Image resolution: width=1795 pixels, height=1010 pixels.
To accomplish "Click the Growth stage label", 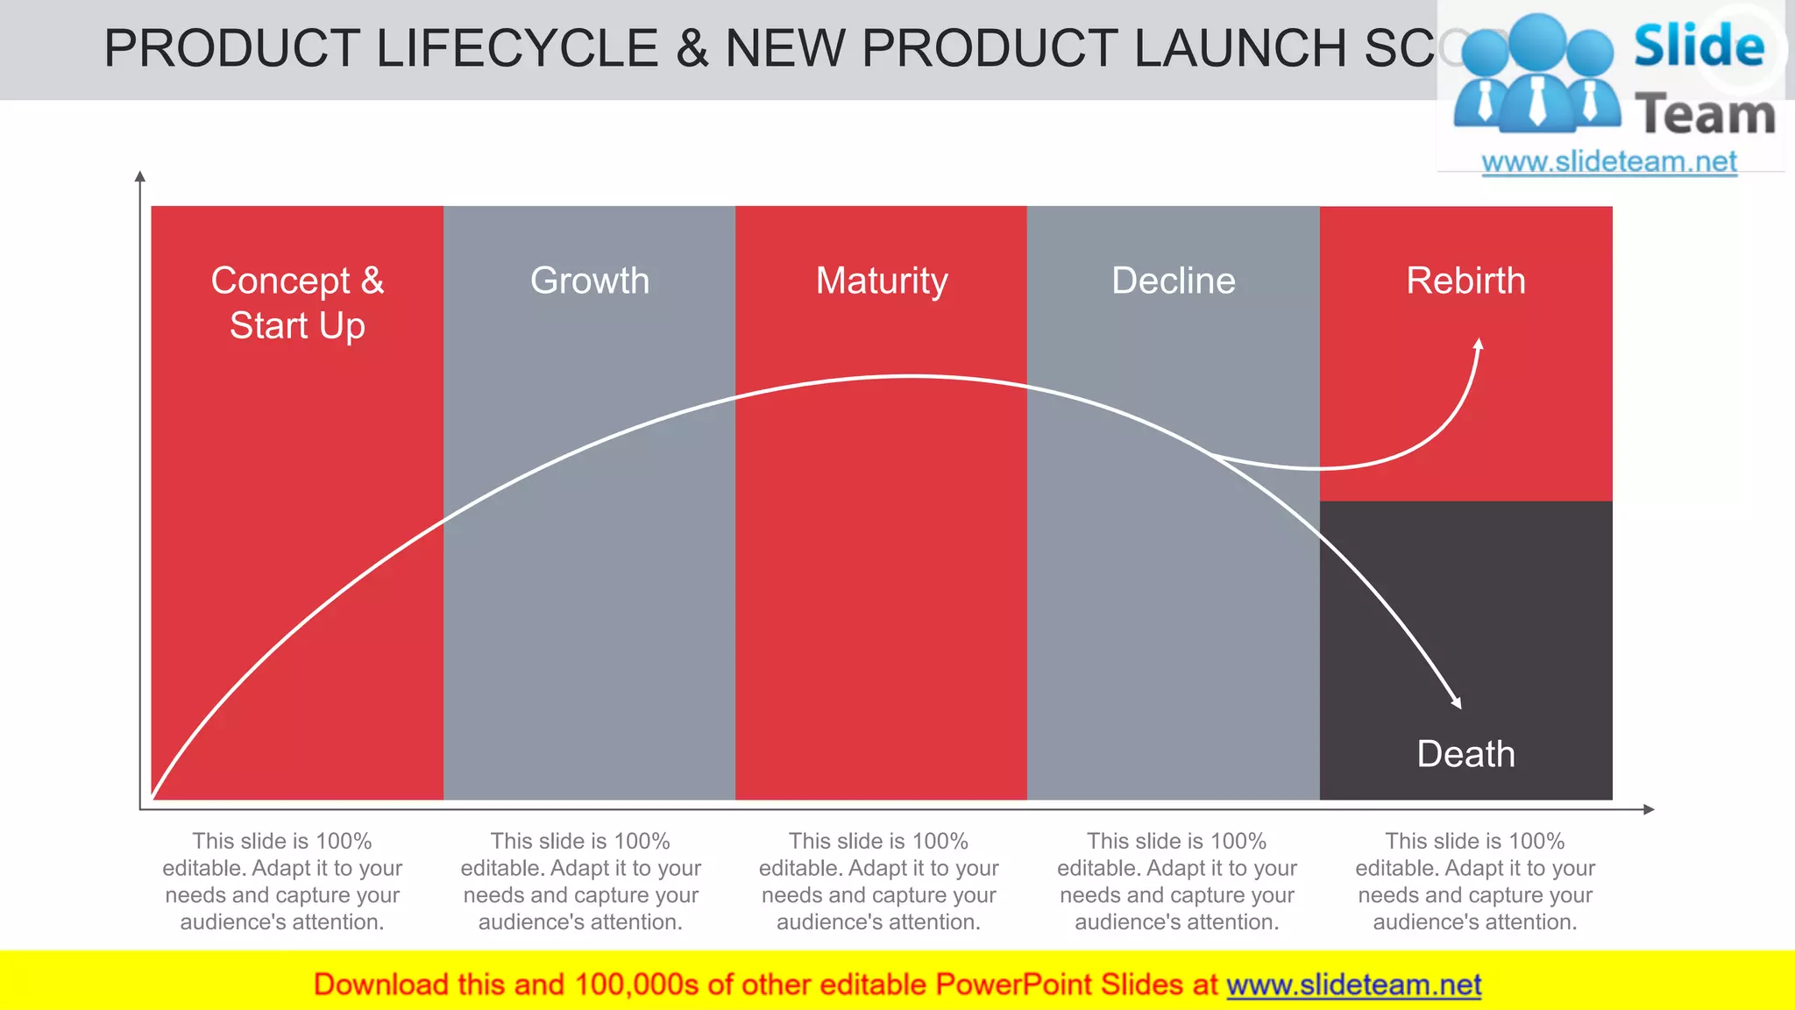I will [589, 281].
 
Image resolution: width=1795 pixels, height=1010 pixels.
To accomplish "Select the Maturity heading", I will [881, 281].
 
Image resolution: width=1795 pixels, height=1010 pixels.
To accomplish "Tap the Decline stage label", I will [1173, 281].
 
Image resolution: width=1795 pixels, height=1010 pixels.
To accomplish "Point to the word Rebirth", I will [1465, 281].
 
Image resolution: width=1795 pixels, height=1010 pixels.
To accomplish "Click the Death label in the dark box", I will [1465, 754].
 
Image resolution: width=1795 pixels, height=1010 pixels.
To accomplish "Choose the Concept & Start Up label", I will [297, 302].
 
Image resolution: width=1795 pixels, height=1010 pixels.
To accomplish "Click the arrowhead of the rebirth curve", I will [1479, 344].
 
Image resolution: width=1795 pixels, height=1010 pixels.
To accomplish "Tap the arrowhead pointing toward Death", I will [1457, 703].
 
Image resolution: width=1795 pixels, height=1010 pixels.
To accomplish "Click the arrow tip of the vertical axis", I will [140, 175].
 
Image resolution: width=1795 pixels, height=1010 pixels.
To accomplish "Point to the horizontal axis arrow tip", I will [1650, 809].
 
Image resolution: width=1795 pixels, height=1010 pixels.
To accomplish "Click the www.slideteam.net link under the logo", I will [1608, 162].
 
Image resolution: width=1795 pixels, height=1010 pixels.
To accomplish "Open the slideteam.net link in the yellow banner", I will [1353, 985].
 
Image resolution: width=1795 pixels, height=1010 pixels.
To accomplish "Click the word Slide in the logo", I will [1698, 46].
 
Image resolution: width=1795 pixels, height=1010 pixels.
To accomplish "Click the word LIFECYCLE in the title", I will [517, 48].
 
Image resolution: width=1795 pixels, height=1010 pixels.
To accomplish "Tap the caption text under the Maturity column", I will [878, 881].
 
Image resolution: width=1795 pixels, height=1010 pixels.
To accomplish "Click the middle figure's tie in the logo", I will [1536, 101].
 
